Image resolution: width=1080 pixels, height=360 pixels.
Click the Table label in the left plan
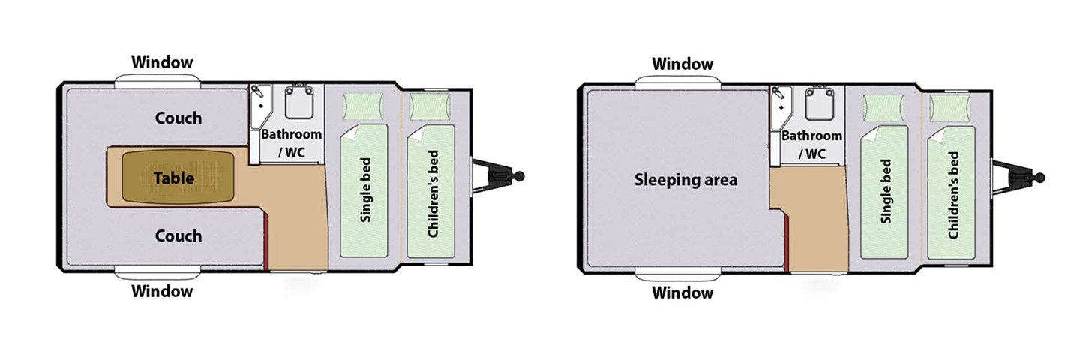click(x=174, y=178)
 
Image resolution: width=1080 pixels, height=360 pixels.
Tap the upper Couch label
click(x=178, y=118)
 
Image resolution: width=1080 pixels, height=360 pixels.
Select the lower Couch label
click(x=178, y=235)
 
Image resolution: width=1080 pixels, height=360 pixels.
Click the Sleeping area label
click(x=685, y=180)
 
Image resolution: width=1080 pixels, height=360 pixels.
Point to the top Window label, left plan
click(x=162, y=62)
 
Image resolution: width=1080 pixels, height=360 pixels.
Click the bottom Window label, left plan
click(x=162, y=291)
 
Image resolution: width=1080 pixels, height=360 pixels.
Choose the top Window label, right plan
click(x=682, y=64)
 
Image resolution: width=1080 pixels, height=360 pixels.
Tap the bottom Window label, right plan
click(x=682, y=292)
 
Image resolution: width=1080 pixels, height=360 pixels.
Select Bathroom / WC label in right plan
click(x=811, y=145)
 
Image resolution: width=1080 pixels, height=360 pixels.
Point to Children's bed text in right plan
click(x=953, y=195)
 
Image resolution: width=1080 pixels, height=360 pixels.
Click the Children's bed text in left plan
click(x=433, y=193)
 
